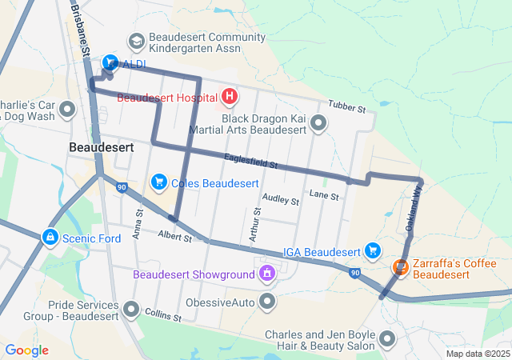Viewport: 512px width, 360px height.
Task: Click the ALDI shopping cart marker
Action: pyautogui.click(x=110, y=62)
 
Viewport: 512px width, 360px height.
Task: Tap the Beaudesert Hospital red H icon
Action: pyautogui.click(x=230, y=98)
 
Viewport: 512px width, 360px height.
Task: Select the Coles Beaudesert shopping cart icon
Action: pyautogui.click(x=158, y=183)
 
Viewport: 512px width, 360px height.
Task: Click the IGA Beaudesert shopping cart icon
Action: pyautogui.click(x=372, y=252)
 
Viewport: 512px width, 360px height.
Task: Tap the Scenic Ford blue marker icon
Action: pyautogui.click(x=50, y=238)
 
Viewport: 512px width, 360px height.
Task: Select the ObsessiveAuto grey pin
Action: pyautogui.click(x=267, y=302)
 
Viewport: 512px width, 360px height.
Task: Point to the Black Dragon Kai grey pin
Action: pyautogui.click(x=318, y=122)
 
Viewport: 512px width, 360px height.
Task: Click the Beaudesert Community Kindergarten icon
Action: pyautogui.click(x=136, y=41)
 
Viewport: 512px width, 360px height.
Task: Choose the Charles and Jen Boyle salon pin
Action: pyautogui.click(x=388, y=340)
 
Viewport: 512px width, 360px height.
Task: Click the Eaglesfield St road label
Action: pyautogui.click(x=250, y=162)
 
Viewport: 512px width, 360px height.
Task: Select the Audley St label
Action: pyautogui.click(x=280, y=200)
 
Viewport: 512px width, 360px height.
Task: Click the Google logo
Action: pyautogui.click(x=26, y=350)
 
